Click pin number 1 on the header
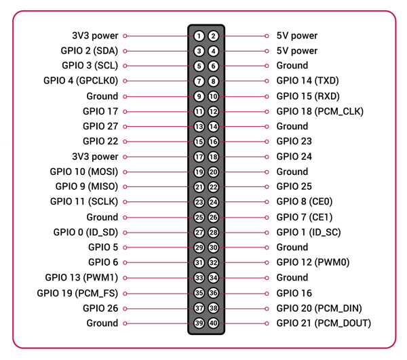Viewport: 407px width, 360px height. [x=199, y=36]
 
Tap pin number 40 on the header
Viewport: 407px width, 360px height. [x=213, y=323]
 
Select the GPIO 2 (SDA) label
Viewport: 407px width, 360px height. [x=89, y=51]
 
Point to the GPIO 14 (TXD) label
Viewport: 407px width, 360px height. [x=307, y=81]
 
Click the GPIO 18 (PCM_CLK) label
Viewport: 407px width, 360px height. [x=319, y=111]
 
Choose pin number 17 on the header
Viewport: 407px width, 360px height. [x=199, y=157]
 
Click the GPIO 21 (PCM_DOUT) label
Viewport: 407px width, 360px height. [x=324, y=323]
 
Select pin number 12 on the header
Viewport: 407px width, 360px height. [x=213, y=111]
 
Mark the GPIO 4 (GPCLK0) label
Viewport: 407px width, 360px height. [x=81, y=81]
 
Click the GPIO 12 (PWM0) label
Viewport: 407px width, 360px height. [x=313, y=262]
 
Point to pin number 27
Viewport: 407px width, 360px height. [x=199, y=233]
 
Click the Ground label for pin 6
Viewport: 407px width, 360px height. [x=292, y=66]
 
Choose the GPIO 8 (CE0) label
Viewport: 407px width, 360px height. [x=305, y=201]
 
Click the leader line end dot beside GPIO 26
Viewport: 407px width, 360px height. [x=125, y=308]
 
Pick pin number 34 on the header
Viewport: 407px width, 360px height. [x=213, y=278]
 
